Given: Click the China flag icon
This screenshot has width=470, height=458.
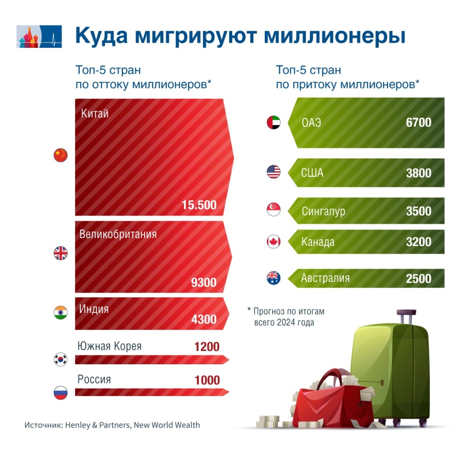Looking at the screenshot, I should [61, 155].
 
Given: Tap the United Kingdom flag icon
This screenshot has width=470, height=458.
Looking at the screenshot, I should [61, 253].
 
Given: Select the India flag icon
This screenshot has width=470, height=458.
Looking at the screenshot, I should [61, 313].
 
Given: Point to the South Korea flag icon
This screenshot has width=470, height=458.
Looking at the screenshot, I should [61, 359].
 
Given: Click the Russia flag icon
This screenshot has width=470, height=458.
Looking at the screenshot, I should [61, 393].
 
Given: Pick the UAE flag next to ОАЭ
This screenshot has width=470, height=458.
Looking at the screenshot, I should [274, 123].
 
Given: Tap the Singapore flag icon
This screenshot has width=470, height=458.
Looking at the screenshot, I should [274, 210].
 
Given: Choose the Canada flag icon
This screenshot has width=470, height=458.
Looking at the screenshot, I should [274, 242].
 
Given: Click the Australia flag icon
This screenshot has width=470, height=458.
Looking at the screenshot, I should [274, 278].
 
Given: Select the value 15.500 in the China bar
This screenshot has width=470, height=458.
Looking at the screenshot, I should [199, 205].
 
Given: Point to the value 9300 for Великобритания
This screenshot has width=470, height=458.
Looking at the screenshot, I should [203, 282].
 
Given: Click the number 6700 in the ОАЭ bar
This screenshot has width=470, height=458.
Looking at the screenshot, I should [419, 123].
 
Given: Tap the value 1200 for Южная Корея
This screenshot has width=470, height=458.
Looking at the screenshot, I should [207, 346].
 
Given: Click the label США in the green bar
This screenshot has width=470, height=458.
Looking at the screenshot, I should [312, 173].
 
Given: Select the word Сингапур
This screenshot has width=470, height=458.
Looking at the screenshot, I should [323, 211].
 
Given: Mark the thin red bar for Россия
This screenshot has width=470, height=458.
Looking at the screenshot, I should [151, 392].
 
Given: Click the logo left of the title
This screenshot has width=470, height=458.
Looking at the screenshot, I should [39, 36].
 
